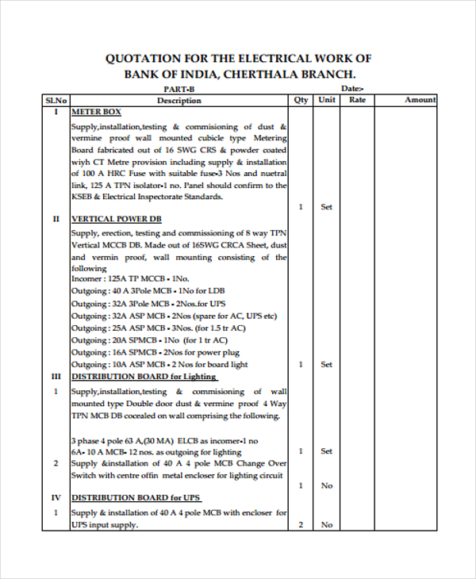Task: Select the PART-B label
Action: [x=178, y=90]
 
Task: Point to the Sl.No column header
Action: [x=56, y=100]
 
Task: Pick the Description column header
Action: [x=178, y=100]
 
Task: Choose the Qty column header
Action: [x=301, y=100]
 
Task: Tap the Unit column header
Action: [x=327, y=100]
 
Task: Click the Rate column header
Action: [x=358, y=100]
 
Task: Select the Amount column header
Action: [x=420, y=100]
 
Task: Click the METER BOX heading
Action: [x=96, y=113]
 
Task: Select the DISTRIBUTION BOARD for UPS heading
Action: [x=136, y=498]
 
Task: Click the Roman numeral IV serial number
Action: [x=56, y=498]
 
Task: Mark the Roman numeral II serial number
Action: [x=56, y=218]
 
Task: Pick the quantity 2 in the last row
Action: [x=301, y=525]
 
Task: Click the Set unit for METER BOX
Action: [x=326, y=206]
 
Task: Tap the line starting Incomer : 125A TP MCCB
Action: [x=130, y=279]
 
